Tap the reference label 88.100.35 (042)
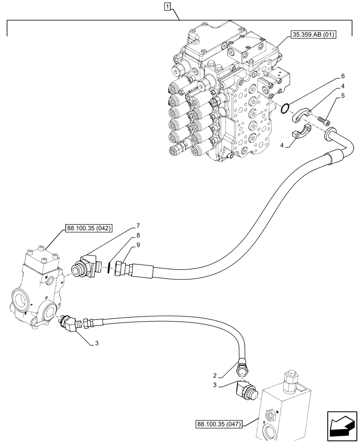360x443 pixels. pyautogui.click(x=89, y=229)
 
